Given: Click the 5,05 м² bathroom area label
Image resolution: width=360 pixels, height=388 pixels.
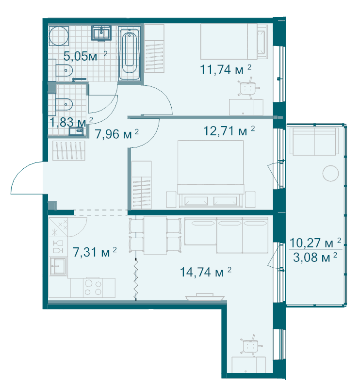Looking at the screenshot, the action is pos(85,56).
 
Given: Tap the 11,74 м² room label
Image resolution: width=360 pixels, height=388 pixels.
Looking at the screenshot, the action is pos(226,69).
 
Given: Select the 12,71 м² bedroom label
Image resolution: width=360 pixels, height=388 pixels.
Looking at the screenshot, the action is pos(229,130).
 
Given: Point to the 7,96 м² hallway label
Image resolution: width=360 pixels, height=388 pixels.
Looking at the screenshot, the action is pos(116,134).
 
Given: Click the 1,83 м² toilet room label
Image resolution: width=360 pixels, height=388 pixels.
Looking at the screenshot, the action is pos(71,122).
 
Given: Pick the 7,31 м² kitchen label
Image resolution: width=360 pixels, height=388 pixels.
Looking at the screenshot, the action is pos(95,252).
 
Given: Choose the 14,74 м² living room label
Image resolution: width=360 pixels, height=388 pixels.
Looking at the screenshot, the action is pos(206,272).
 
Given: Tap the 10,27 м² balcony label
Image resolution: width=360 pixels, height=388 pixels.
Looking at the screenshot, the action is pos(315,243).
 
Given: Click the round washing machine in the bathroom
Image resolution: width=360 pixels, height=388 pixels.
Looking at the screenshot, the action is pos(59,36).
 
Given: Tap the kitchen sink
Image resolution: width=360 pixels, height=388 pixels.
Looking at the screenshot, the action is pos(58,266).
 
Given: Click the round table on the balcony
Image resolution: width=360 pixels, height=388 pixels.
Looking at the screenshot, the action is pos(330,173).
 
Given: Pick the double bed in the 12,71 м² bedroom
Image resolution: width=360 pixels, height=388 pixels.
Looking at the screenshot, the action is pos(211,174).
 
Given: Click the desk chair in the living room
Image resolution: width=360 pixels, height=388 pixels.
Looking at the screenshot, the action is pos(250,346).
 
